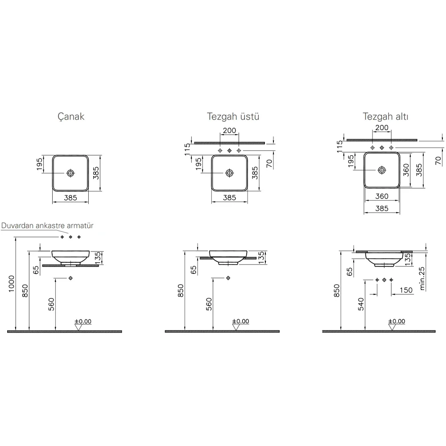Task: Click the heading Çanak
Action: tap(71, 116)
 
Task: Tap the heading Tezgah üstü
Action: tap(233, 116)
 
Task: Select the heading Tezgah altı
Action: tap(385, 116)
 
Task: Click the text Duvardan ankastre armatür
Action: tap(47, 226)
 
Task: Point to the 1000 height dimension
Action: tap(12, 284)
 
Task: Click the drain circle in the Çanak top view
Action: tap(70, 173)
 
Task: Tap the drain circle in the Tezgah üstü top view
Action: tap(229, 173)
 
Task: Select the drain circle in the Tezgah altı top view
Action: tap(382, 170)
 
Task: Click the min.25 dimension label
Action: tap(422, 278)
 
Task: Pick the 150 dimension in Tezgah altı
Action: tap(406, 290)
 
